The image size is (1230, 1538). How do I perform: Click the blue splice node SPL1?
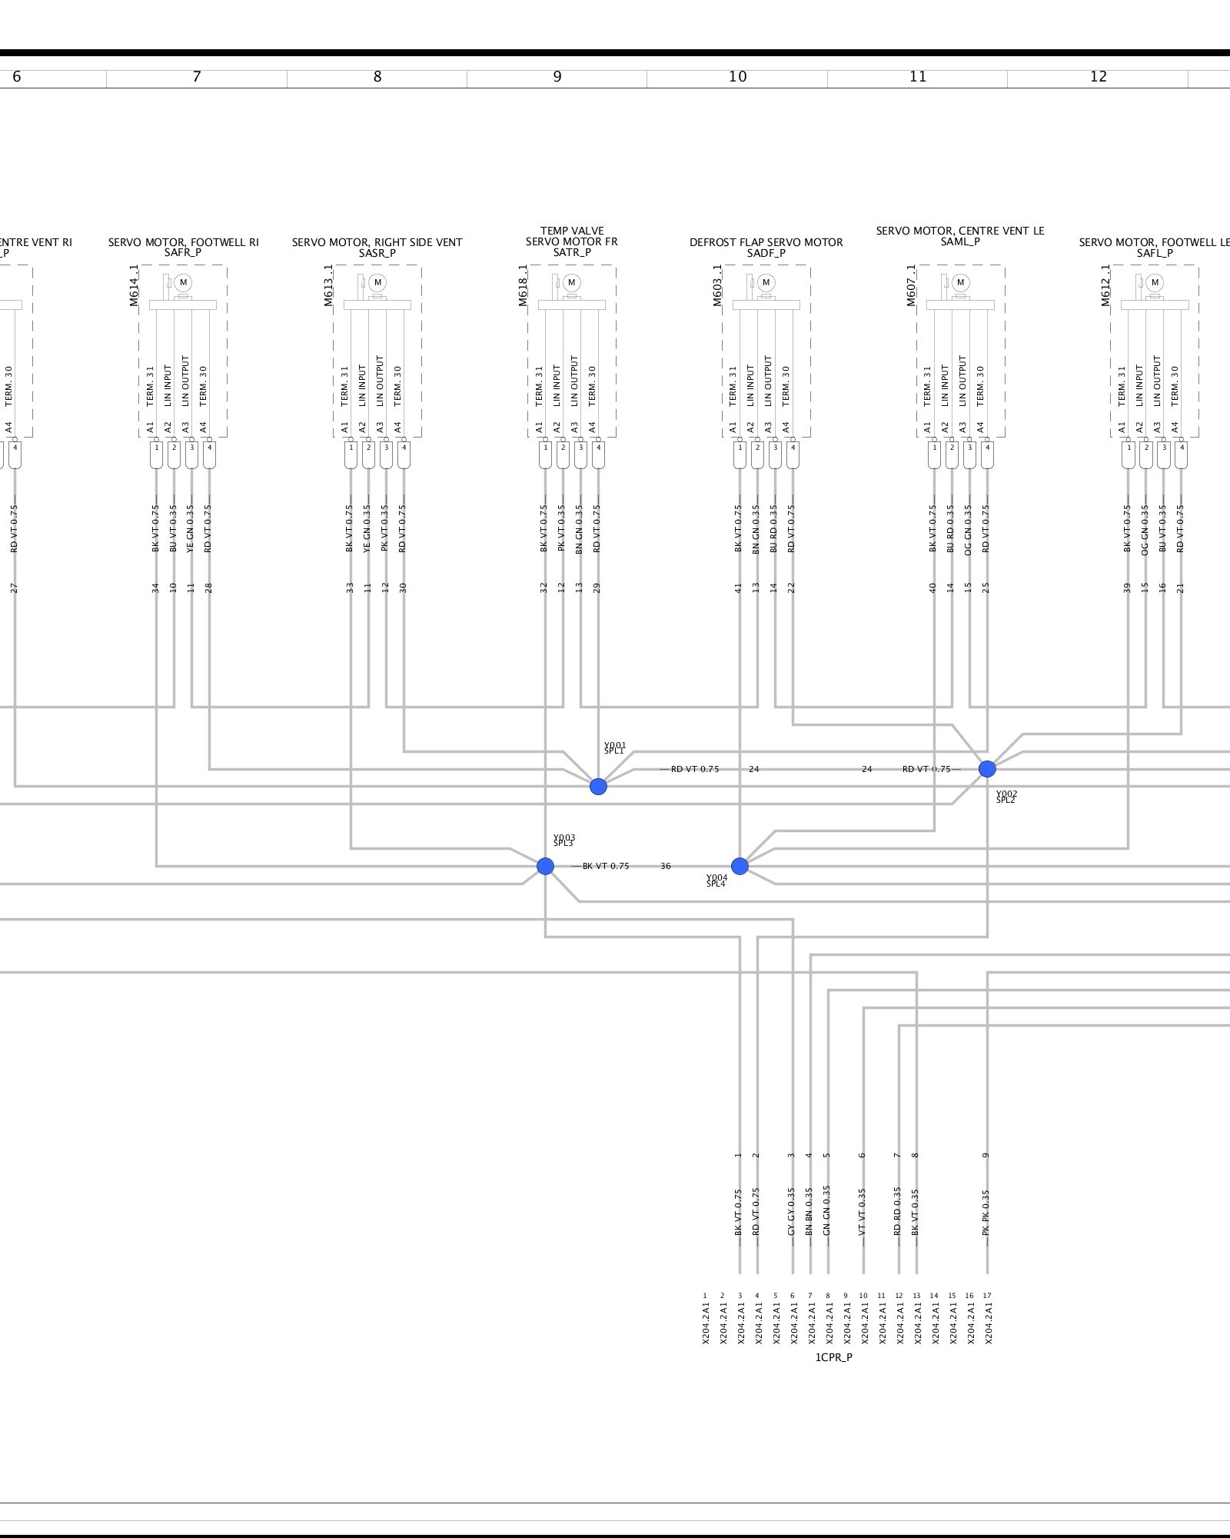click(x=598, y=786)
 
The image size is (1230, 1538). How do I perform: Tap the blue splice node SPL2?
click(x=987, y=768)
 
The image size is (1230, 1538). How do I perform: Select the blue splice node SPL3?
click(x=545, y=866)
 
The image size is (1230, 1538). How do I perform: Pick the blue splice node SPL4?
click(x=740, y=866)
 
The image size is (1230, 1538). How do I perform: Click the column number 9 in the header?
click(x=557, y=77)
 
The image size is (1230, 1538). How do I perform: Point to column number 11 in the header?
click(x=918, y=77)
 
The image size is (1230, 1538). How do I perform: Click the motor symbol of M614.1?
click(x=183, y=282)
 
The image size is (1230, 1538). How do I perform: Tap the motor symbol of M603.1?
click(x=766, y=282)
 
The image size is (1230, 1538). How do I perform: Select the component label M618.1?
click(x=524, y=286)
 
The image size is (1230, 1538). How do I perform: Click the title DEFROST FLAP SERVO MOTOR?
click(x=766, y=242)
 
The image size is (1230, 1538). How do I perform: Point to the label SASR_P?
click(x=377, y=253)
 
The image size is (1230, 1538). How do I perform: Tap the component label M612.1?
click(x=1106, y=286)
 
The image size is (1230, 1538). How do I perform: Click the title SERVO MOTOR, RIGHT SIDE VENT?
click(x=377, y=242)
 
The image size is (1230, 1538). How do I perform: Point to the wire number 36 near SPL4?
click(x=666, y=866)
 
